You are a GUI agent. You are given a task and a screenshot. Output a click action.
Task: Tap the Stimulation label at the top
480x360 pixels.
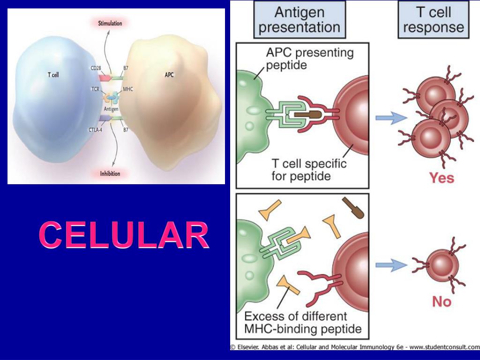point(110,23)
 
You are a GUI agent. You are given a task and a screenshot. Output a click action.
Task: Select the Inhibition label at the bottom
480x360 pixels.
point(110,173)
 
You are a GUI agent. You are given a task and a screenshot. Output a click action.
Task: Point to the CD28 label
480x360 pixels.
point(96,68)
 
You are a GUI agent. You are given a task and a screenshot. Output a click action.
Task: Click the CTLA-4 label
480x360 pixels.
point(96,130)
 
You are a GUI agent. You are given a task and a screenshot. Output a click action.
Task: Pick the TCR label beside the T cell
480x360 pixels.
point(96,89)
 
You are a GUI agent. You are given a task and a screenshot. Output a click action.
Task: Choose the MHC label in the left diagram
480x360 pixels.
point(128,89)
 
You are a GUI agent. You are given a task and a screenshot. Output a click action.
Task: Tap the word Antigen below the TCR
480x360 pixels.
point(112,109)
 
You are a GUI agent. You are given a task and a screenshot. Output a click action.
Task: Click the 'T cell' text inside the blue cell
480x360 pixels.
point(53,75)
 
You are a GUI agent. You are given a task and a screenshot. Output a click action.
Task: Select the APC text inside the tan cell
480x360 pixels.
point(169,75)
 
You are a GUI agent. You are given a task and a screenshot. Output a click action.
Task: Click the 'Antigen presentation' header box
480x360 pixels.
point(300,19)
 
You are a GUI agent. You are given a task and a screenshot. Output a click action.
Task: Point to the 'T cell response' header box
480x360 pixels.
point(434,19)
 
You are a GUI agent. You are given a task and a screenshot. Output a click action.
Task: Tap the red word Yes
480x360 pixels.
point(442,178)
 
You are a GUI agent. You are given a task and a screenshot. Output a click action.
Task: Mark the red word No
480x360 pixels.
point(442,302)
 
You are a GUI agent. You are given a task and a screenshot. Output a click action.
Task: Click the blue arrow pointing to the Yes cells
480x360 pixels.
point(391,117)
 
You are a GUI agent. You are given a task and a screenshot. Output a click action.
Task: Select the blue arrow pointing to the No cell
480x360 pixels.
point(391,265)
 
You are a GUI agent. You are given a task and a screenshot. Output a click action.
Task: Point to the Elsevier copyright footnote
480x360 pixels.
point(354,347)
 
